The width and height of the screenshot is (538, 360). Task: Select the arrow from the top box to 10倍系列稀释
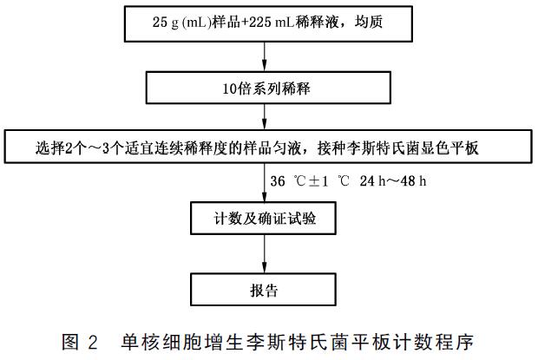[264, 56]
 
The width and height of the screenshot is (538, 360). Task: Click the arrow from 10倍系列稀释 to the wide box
[264, 116]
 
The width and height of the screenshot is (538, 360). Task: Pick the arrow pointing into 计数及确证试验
[264, 182]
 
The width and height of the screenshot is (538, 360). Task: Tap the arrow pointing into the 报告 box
[264, 253]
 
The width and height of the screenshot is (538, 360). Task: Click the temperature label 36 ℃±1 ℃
[310, 180]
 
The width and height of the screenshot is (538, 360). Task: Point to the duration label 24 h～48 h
[393, 180]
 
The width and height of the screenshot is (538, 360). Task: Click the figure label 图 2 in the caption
[80, 342]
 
